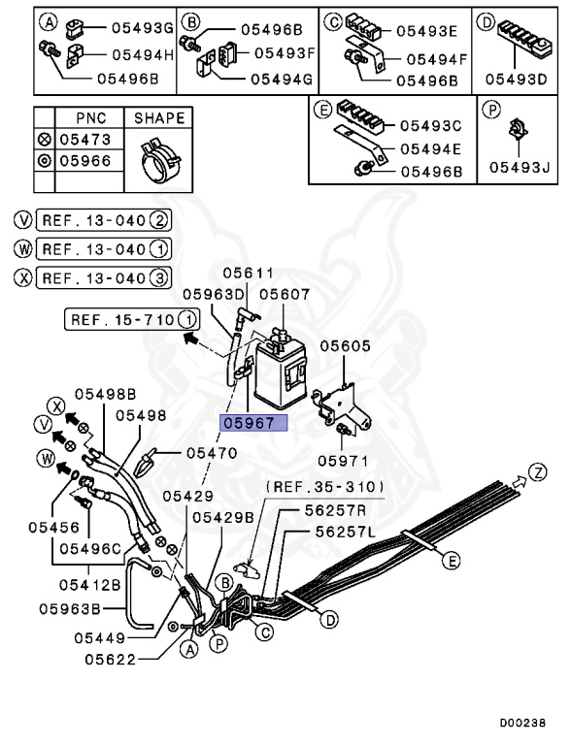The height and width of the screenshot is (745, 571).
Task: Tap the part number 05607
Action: [285, 293]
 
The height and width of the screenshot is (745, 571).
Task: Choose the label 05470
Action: [211, 452]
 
